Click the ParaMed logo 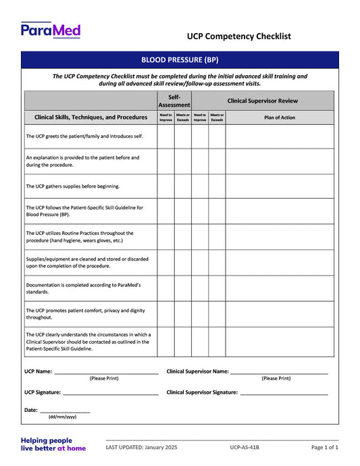pyautogui.click(x=51, y=30)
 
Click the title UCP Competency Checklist pyautogui.click(x=239, y=36)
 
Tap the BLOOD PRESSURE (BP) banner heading pyautogui.click(x=180, y=60)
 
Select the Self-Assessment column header pyautogui.click(x=174, y=101)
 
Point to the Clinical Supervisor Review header pyautogui.click(x=263, y=101)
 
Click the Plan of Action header pyautogui.click(x=280, y=118)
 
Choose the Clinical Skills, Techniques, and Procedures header pyautogui.click(x=91, y=118)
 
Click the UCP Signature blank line pyautogui.click(x=111, y=393)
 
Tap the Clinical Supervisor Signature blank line pyautogui.click(x=284, y=393)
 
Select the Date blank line pyautogui.click(x=65, y=411)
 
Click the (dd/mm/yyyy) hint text pyautogui.click(x=62, y=417)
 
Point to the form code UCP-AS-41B pyautogui.click(x=245, y=448)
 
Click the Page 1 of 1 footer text pyautogui.click(x=325, y=448)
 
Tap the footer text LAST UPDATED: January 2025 pyautogui.click(x=141, y=448)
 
